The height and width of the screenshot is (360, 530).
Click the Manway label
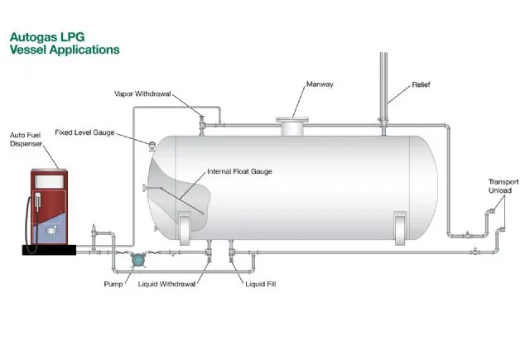320,84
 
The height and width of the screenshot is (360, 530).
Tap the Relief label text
421,84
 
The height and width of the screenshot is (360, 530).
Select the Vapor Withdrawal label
142,94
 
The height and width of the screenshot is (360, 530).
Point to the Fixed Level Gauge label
84,132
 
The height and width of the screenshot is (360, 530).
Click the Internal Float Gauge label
239,171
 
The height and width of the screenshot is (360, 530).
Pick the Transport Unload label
503,186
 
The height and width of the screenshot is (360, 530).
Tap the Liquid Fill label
261,284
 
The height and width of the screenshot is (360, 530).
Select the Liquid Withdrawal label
166,284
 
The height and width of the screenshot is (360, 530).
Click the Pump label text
113,284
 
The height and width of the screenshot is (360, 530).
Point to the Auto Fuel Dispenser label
26,140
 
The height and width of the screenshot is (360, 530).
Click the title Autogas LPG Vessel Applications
65,43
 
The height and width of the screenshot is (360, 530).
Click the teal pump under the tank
137,260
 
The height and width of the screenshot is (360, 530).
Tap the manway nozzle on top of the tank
292,127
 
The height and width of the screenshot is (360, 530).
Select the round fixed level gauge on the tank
152,145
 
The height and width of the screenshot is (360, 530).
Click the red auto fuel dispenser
50,207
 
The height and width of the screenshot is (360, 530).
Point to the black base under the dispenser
50,250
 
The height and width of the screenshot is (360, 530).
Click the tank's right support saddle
400,228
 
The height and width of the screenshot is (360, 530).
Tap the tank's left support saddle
185,228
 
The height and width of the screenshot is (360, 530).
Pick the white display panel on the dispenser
50,181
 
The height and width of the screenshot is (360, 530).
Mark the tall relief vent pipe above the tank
383,89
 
